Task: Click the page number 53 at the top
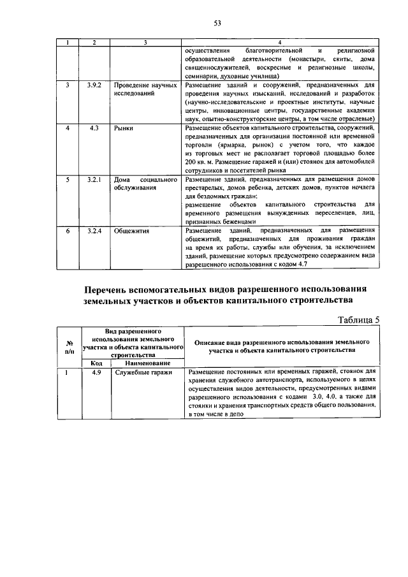pyautogui.click(x=217, y=23)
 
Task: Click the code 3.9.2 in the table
pyautogui.click(x=94, y=84)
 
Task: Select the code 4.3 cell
pyautogui.click(x=94, y=129)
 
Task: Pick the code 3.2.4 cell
pyautogui.click(x=94, y=230)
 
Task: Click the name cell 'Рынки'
pyautogui.click(x=124, y=129)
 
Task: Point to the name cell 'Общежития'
pyautogui.click(x=131, y=230)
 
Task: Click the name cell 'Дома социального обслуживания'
pyautogui.click(x=145, y=185)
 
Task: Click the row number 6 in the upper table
pyautogui.click(x=68, y=230)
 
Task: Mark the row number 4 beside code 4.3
pyautogui.click(x=68, y=129)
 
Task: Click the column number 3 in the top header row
pyautogui.click(x=145, y=43)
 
